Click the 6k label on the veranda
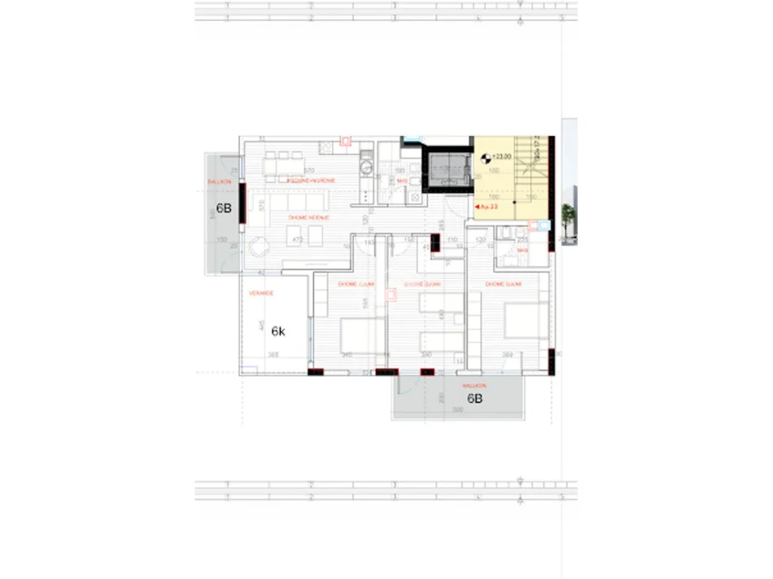tap(277, 331)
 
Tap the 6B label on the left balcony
tap(223, 208)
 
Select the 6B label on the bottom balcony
tap(475, 398)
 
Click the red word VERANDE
tap(261, 293)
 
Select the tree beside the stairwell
tap(567, 215)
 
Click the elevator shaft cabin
tap(448, 172)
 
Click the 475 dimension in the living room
tap(298, 240)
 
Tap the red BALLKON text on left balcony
tap(220, 181)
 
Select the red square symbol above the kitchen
tap(345, 141)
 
